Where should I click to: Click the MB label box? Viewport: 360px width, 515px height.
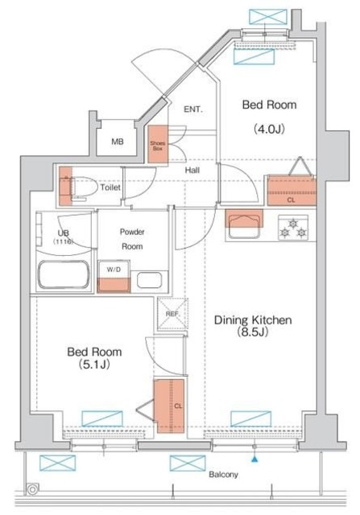(118, 142)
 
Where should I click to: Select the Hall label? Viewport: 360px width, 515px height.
(192, 170)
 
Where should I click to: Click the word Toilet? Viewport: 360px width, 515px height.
(110, 187)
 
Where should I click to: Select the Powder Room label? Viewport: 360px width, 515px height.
(133, 239)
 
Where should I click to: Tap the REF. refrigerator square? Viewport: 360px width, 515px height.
(172, 319)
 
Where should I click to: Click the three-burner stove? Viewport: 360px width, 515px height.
(293, 228)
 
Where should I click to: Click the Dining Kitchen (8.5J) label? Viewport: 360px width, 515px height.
(252, 326)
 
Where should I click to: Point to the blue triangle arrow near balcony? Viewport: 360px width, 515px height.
(254, 459)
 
